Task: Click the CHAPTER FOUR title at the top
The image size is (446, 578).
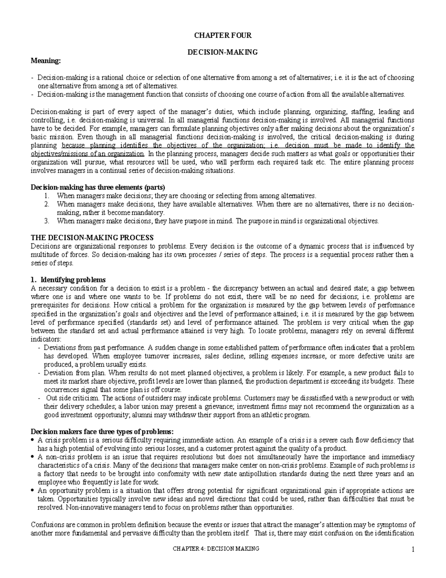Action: pos(223,36)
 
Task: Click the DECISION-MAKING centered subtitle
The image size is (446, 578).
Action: pos(223,52)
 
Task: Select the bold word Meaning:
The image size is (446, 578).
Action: pos(45,61)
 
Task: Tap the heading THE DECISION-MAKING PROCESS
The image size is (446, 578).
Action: pos(92,238)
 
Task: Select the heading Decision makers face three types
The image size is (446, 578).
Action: pos(102,432)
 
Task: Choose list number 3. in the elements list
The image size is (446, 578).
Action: pos(46,221)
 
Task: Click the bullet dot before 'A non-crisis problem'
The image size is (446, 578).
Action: pos(33,457)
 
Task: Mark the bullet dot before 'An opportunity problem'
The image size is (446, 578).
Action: pos(33,491)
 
